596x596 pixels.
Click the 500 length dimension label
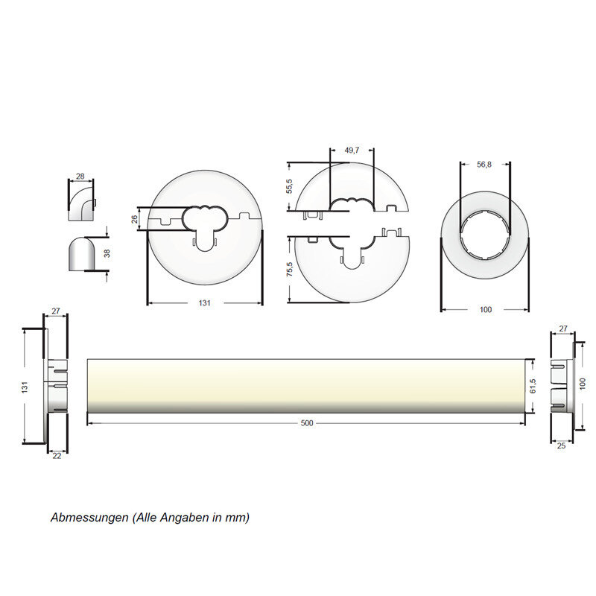point(307,423)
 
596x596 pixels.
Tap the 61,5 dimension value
point(533,386)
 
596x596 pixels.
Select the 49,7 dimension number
point(352,150)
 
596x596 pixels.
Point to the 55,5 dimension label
point(290,186)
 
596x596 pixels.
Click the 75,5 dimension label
point(290,269)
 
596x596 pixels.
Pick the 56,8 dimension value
point(484,165)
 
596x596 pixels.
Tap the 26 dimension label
point(134,219)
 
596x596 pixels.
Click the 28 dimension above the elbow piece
point(80,177)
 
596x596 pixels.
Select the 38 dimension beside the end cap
point(107,253)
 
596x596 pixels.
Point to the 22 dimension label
point(57,456)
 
